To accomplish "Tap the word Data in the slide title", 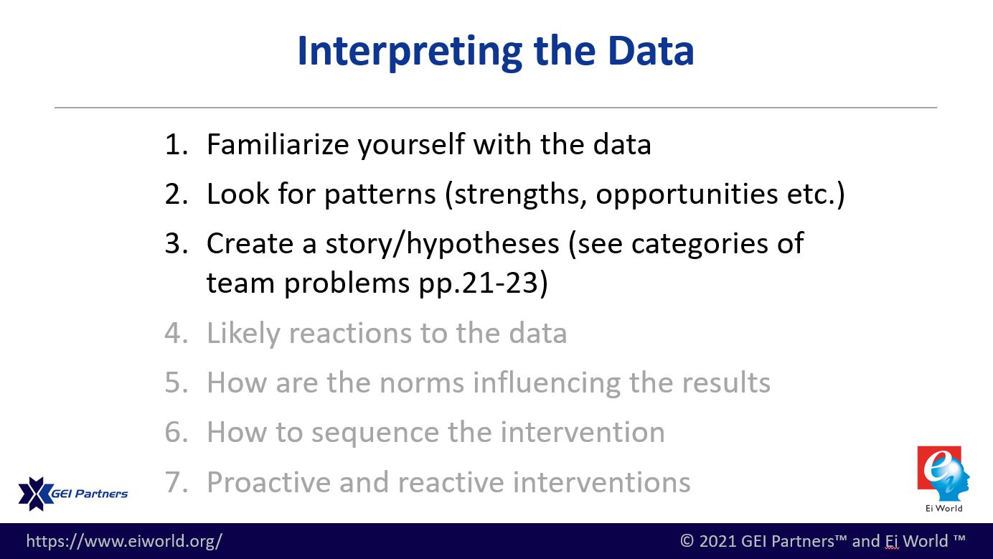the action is tap(651, 51).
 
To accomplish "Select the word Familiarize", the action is tap(278, 144).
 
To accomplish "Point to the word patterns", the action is tap(380, 195).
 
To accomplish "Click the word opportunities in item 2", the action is tap(687, 194).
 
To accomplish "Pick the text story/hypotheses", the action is tap(443, 244).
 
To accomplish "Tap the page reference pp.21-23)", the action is tap(484, 283).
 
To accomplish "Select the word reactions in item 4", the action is tap(349, 334).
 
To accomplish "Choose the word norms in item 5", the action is tap(422, 383).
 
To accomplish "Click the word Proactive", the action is tap(268, 482).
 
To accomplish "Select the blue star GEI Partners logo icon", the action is tap(35, 494).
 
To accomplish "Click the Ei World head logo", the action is tap(943, 474).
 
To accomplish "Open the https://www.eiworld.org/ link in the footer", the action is tap(124, 541).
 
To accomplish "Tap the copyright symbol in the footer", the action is tap(687, 541).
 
